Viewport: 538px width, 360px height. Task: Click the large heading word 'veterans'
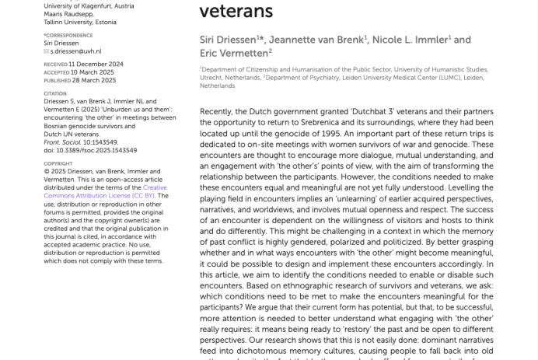pyautogui.click(x=236, y=11)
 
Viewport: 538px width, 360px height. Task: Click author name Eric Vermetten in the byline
pyautogui.click(x=234, y=52)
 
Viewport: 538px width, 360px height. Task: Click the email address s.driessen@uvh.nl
pyautogui.click(x=76, y=51)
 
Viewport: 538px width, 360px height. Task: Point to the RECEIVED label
pyautogui.click(x=55, y=64)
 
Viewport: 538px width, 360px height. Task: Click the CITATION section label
pyautogui.click(x=55, y=94)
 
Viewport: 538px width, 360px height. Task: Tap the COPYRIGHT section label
pyautogui.click(x=58, y=164)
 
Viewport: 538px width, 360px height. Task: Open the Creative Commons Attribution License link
pyautogui.click(x=106, y=191)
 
